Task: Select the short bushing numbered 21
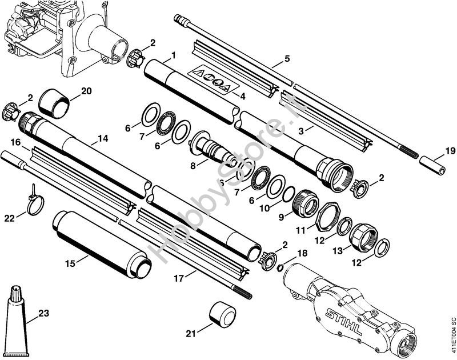point(221,314)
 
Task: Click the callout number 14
point(102,138)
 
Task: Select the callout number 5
point(287,59)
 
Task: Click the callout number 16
point(15,141)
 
